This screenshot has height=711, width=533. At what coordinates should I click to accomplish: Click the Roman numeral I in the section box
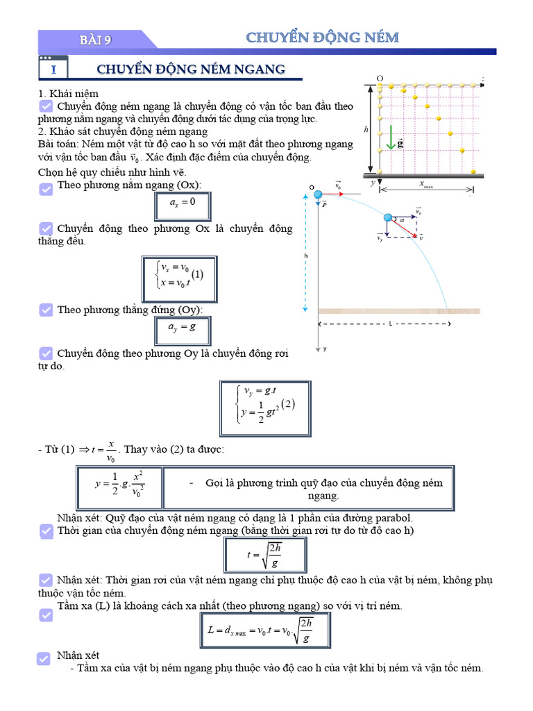click(x=53, y=70)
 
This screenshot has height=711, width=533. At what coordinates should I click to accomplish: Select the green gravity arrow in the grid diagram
click(x=391, y=137)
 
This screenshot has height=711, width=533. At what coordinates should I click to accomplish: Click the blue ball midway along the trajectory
click(x=388, y=219)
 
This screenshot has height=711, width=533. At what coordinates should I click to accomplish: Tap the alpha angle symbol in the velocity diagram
click(x=402, y=219)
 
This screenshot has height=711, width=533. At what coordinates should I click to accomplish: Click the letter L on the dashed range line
click(x=391, y=324)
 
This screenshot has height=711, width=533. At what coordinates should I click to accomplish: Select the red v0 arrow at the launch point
click(x=334, y=195)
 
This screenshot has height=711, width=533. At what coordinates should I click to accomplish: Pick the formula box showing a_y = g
click(x=182, y=330)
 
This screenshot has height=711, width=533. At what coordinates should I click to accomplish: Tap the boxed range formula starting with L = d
click(x=264, y=630)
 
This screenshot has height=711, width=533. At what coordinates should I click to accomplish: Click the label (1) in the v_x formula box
click(x=197, y=274)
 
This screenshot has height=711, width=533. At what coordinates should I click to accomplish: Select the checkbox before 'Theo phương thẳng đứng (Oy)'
click(x=46, y=310)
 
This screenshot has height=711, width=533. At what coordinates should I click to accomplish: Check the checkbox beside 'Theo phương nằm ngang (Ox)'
click(x=46, y=188)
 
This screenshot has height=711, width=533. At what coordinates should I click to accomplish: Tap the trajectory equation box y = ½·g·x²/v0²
click(x=119, y=487)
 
